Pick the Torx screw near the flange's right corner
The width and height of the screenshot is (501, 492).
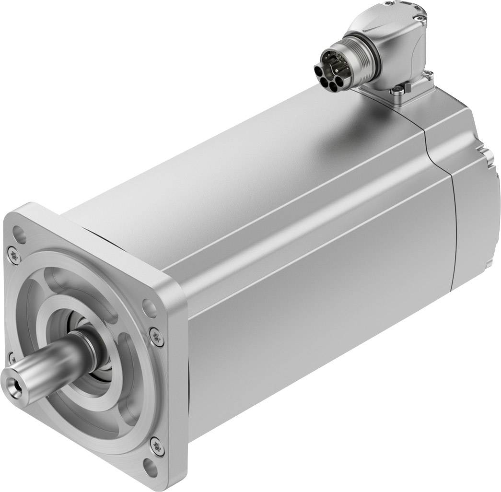(x=156, y=336)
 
